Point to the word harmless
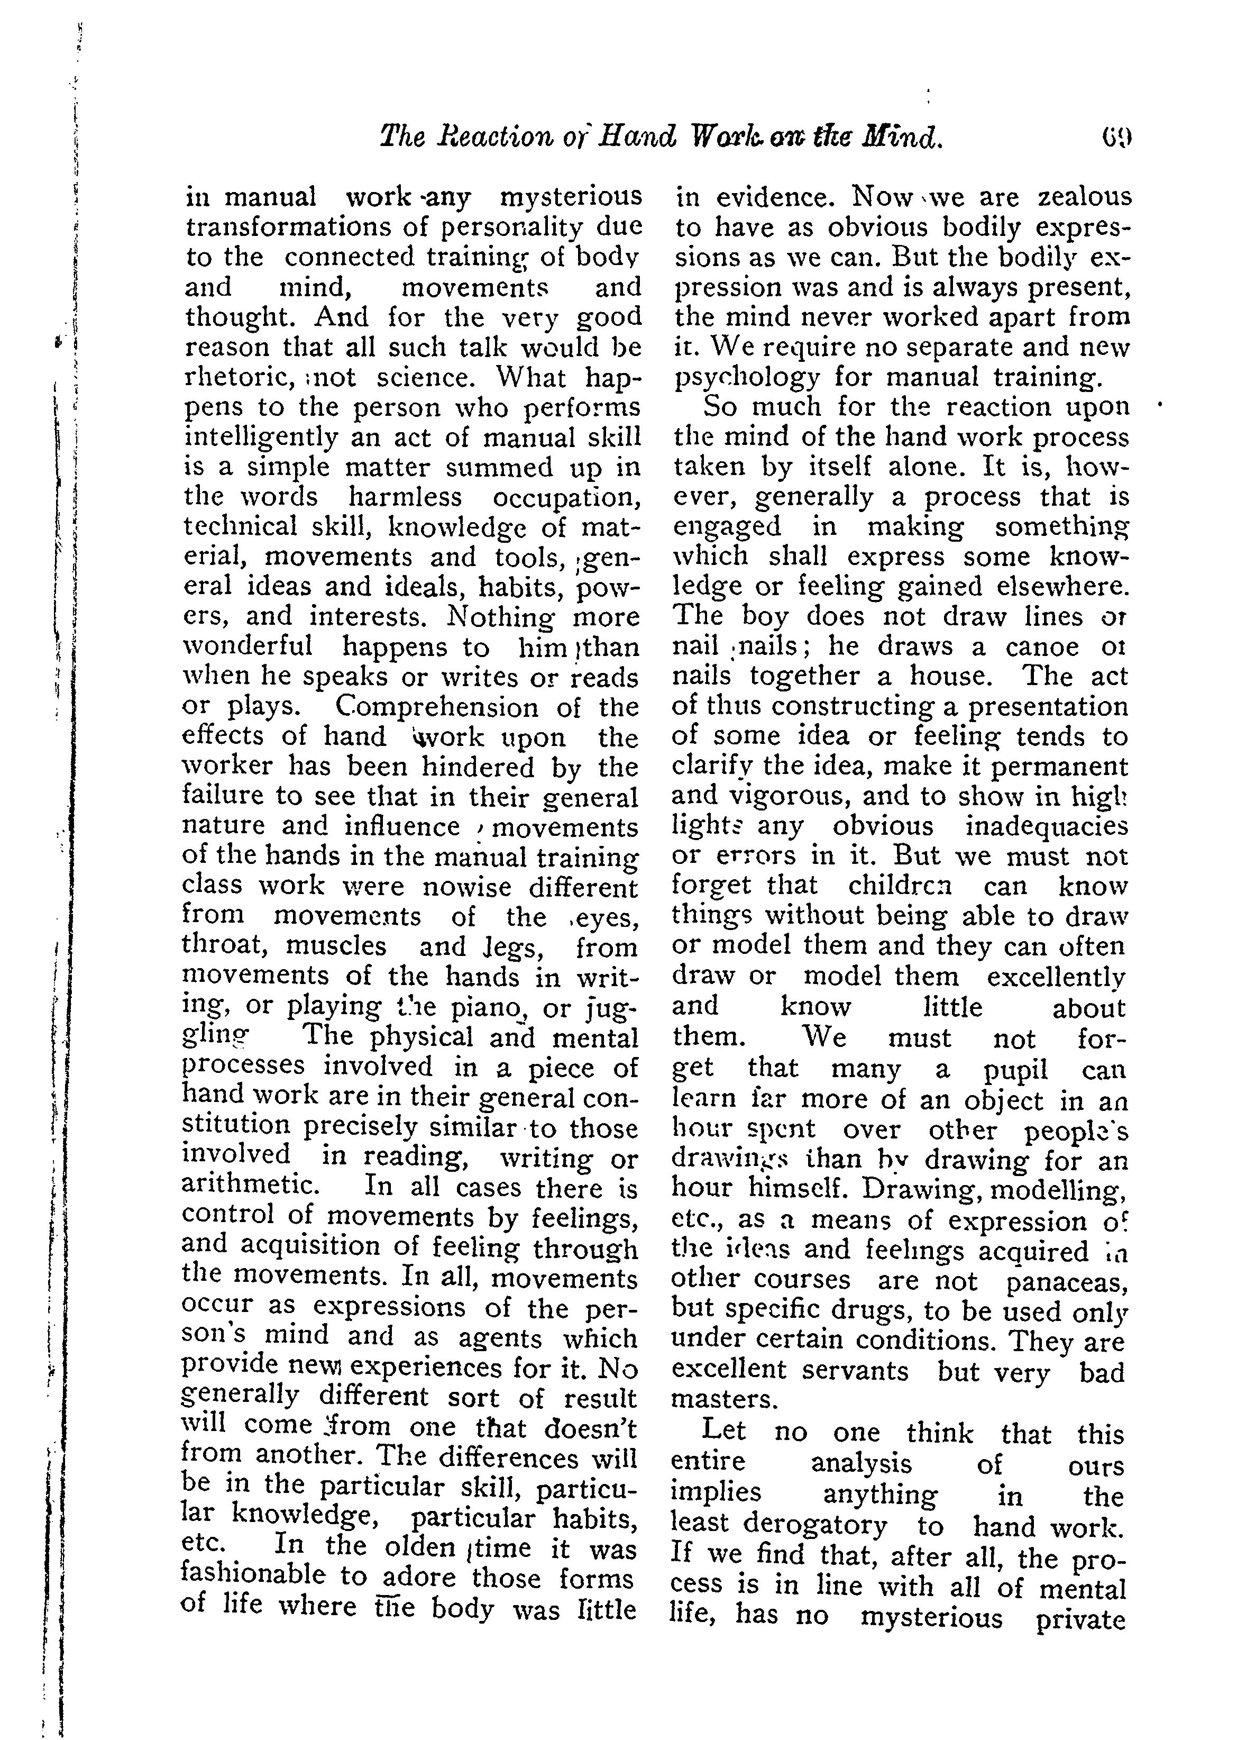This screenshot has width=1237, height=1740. pyautogui.click(x=405, y=497)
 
